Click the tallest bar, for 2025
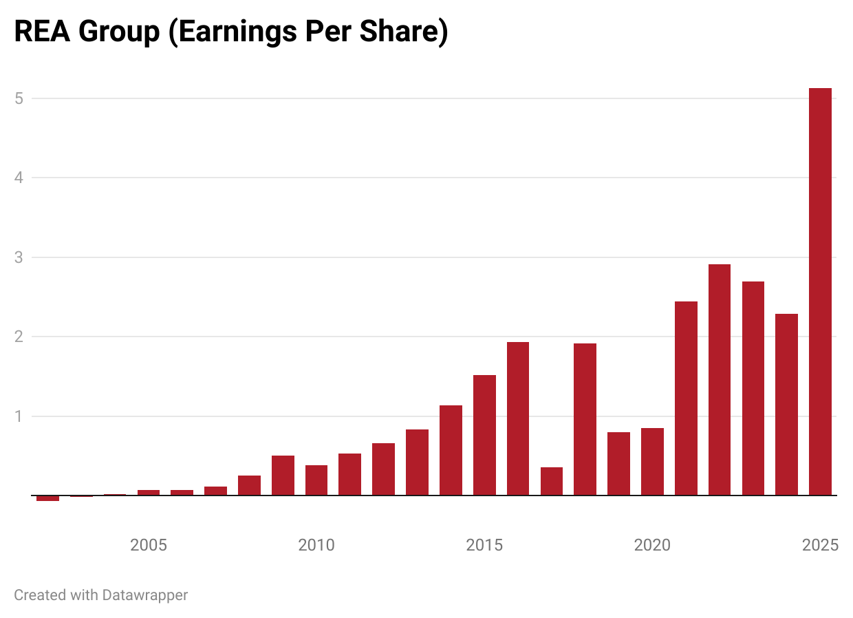[x=820, y=292]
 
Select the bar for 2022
[x=720, y=380]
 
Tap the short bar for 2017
[x=552, y=481]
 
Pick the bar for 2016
[x=518, y=418]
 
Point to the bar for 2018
[x=585, y=419]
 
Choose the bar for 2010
[x=316, y=480]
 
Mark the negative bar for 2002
[x=47, y=498]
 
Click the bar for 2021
[x=686, y=398]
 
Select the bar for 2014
[x=451, y=450]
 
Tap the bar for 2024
[x=786, y=405]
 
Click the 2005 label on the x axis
[x=149, y=546]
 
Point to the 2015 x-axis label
[x=484, y=546]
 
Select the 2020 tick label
[x=652, y=546]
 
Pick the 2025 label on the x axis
[x=820, y=546]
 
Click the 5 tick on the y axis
[x=19, y=98]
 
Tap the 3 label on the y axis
[x=19, y=257]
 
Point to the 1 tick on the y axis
[x=19, y=416]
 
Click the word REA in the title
[x=42, y=32]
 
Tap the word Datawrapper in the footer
[x=144, y=595]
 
